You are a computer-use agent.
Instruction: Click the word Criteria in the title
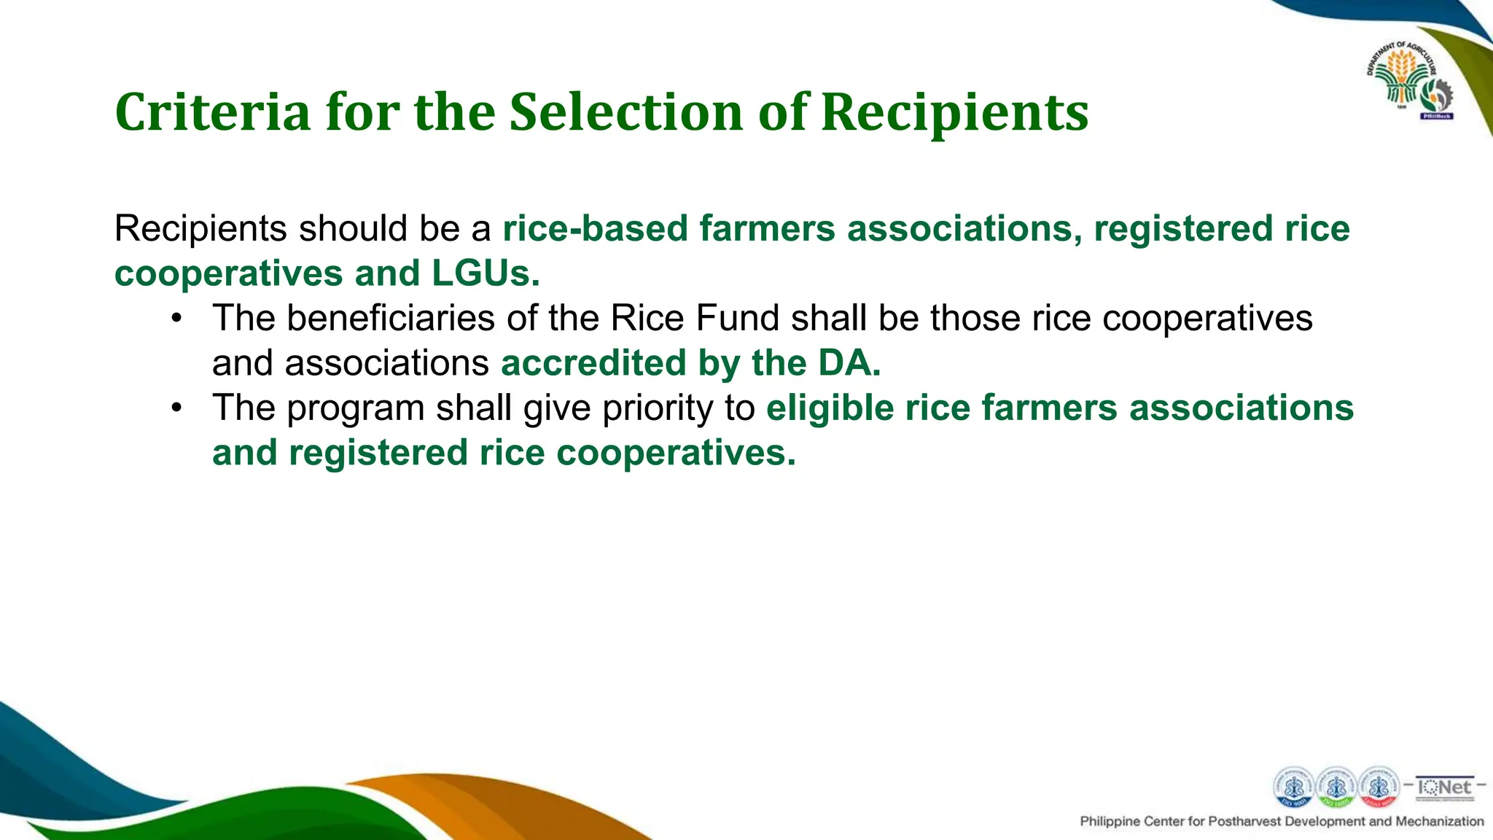212,112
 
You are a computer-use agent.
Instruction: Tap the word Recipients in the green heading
954,114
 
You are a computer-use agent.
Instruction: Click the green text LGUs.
486,273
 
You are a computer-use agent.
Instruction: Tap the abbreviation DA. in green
849,363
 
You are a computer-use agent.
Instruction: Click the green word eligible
830,408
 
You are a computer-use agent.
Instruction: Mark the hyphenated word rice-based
595,229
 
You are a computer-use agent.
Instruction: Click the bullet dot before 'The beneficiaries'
176,319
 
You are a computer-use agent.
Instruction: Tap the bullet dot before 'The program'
176,408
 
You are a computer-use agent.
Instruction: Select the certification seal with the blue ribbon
1293,787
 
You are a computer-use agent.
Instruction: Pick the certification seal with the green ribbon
1336,787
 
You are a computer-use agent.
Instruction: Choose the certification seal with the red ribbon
1378,787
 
